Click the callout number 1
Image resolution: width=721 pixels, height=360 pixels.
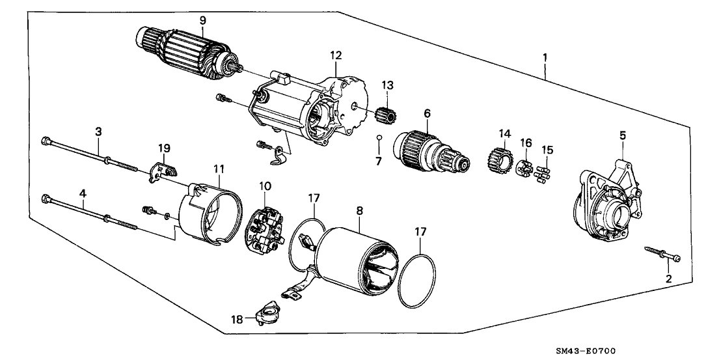545,57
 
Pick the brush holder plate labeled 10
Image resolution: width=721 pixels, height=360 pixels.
264,223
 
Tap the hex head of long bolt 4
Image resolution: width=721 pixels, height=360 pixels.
46,198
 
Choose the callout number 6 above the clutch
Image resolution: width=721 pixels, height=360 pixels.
427,113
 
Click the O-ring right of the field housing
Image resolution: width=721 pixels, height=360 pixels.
416,281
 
